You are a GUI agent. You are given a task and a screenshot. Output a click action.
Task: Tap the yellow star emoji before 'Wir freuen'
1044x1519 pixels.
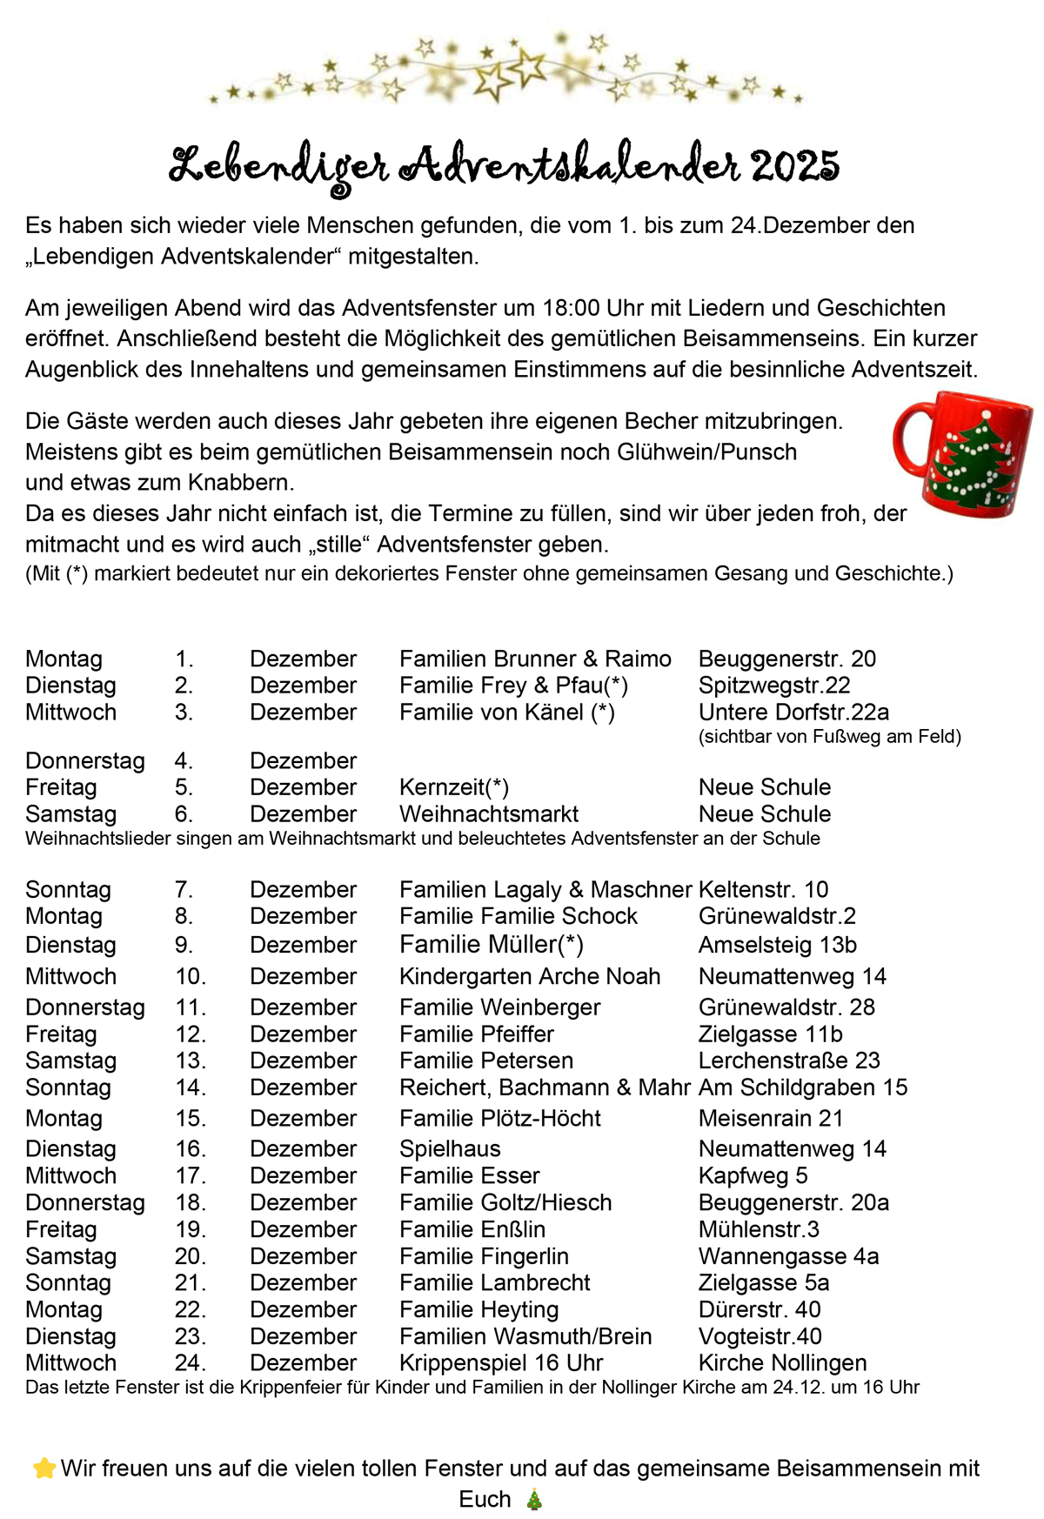tap(43, 1469)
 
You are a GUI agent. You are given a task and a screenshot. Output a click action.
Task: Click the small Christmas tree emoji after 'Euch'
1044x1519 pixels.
tap(534, 1500)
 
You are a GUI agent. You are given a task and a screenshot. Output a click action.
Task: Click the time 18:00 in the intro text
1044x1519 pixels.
tap(571, 308)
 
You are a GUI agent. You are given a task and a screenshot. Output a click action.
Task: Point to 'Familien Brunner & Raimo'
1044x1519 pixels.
tap(535, 659)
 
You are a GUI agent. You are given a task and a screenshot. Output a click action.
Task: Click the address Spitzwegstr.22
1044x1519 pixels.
tap(774, 686)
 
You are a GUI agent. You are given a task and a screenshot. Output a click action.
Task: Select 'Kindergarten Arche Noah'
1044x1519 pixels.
tap(530, 976)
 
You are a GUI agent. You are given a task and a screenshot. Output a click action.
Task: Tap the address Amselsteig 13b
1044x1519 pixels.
tap(778, 945)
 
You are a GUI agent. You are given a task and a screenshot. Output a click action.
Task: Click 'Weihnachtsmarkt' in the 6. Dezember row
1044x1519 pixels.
tap(489, 814)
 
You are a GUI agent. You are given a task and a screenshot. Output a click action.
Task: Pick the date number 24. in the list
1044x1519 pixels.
tap(190, 1362)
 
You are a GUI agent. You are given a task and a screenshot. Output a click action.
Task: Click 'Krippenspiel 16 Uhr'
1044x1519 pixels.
tap(501, 1362)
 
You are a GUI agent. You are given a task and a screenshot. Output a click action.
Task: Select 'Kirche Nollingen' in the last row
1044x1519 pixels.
tap(783, 1362)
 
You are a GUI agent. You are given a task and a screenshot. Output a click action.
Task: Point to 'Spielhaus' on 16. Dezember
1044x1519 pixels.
tap(450, 1148)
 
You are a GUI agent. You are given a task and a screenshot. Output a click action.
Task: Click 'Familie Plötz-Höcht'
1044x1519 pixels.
tap(500, 1118)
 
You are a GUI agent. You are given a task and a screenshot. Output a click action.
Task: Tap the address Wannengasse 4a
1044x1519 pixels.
tap(788, 1256)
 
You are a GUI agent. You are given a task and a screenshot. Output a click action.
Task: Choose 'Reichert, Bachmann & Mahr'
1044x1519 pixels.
tap(545, 1087)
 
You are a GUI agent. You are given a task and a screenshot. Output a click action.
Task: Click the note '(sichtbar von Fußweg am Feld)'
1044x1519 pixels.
tap(830, 737)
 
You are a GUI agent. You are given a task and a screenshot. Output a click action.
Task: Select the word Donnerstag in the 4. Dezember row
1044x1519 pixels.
tap(85, 760)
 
